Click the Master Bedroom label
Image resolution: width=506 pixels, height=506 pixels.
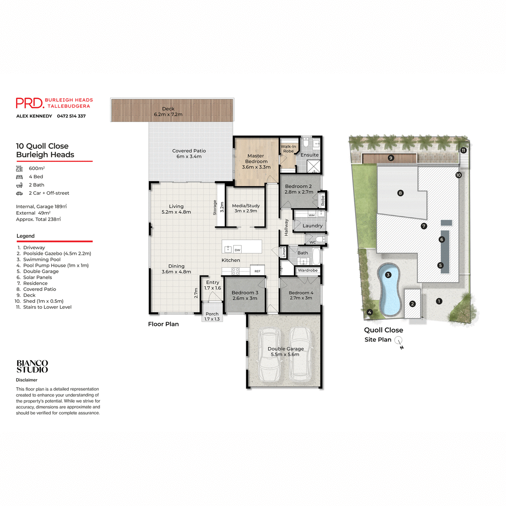[x=256, y=161]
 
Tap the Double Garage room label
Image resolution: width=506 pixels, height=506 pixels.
[x=285, y=352]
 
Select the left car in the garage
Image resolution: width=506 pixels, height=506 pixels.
[x=269, y=355]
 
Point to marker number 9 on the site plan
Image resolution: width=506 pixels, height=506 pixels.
[x=391, y=158]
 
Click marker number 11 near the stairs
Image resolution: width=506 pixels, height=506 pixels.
[x=463, y=151]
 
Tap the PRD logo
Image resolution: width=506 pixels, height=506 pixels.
[x=30, y=103]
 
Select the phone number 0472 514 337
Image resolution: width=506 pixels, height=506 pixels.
[x=71, y=116]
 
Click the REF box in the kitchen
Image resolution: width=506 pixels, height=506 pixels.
[x=257, y=271]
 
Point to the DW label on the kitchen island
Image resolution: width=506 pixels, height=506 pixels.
[x=237, y=250]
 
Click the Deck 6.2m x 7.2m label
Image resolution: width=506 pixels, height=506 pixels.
[x=168, y=111]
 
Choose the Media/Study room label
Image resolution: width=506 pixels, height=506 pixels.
[x=246, y=208]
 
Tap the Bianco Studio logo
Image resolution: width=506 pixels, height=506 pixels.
[x=32, y=366]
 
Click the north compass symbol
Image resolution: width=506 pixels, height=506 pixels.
[x=398, y=341]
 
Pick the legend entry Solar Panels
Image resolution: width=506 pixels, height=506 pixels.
[x=37, y=277]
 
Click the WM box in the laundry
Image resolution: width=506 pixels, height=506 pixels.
[x=311, y=215]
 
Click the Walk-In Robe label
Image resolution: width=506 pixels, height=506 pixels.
[x=288, y=149]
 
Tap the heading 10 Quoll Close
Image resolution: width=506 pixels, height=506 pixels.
[x=42, y=146]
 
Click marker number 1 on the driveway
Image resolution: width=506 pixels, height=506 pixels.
[x=439, y=301]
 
